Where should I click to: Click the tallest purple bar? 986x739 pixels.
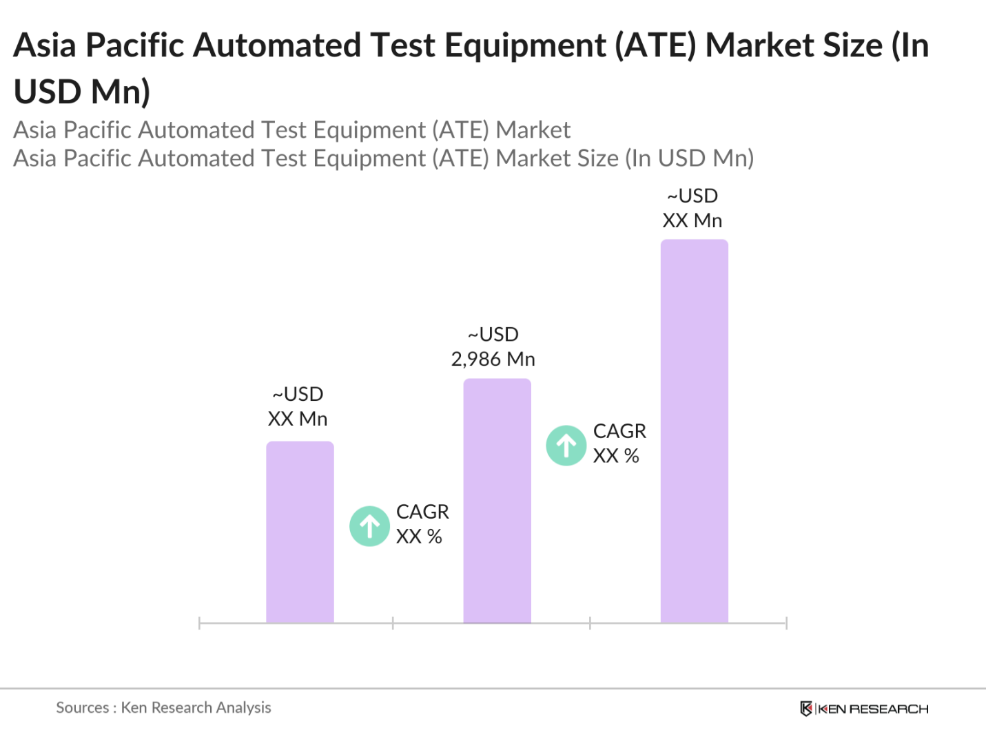(694, 430)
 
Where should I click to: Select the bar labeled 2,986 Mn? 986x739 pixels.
(497, 501)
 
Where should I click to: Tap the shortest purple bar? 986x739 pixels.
(300, 532)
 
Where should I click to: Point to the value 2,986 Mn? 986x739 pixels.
(493, 359)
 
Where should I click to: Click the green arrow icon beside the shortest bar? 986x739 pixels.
(370, 526)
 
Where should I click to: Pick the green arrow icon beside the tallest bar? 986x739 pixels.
(566, 446)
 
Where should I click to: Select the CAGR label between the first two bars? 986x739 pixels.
(422, 523)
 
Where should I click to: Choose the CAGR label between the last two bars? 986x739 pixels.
(619, 443)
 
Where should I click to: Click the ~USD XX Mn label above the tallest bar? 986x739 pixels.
(692, 208)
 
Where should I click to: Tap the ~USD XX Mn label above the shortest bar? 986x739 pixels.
(298, 406)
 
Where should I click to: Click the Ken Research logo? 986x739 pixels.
(864, 709)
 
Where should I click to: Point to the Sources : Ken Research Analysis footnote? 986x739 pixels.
(163, 707)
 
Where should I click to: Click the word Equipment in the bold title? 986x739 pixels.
(524, 45)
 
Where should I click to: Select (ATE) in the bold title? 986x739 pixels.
(655, 45)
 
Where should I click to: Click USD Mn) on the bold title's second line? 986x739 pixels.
(82, 92)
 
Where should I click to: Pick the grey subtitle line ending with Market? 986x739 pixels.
(292, 129)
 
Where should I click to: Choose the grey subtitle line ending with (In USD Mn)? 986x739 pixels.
(384, 158)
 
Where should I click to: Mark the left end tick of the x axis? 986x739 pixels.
(199, 623)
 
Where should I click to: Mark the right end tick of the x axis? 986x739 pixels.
(786, 623)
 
